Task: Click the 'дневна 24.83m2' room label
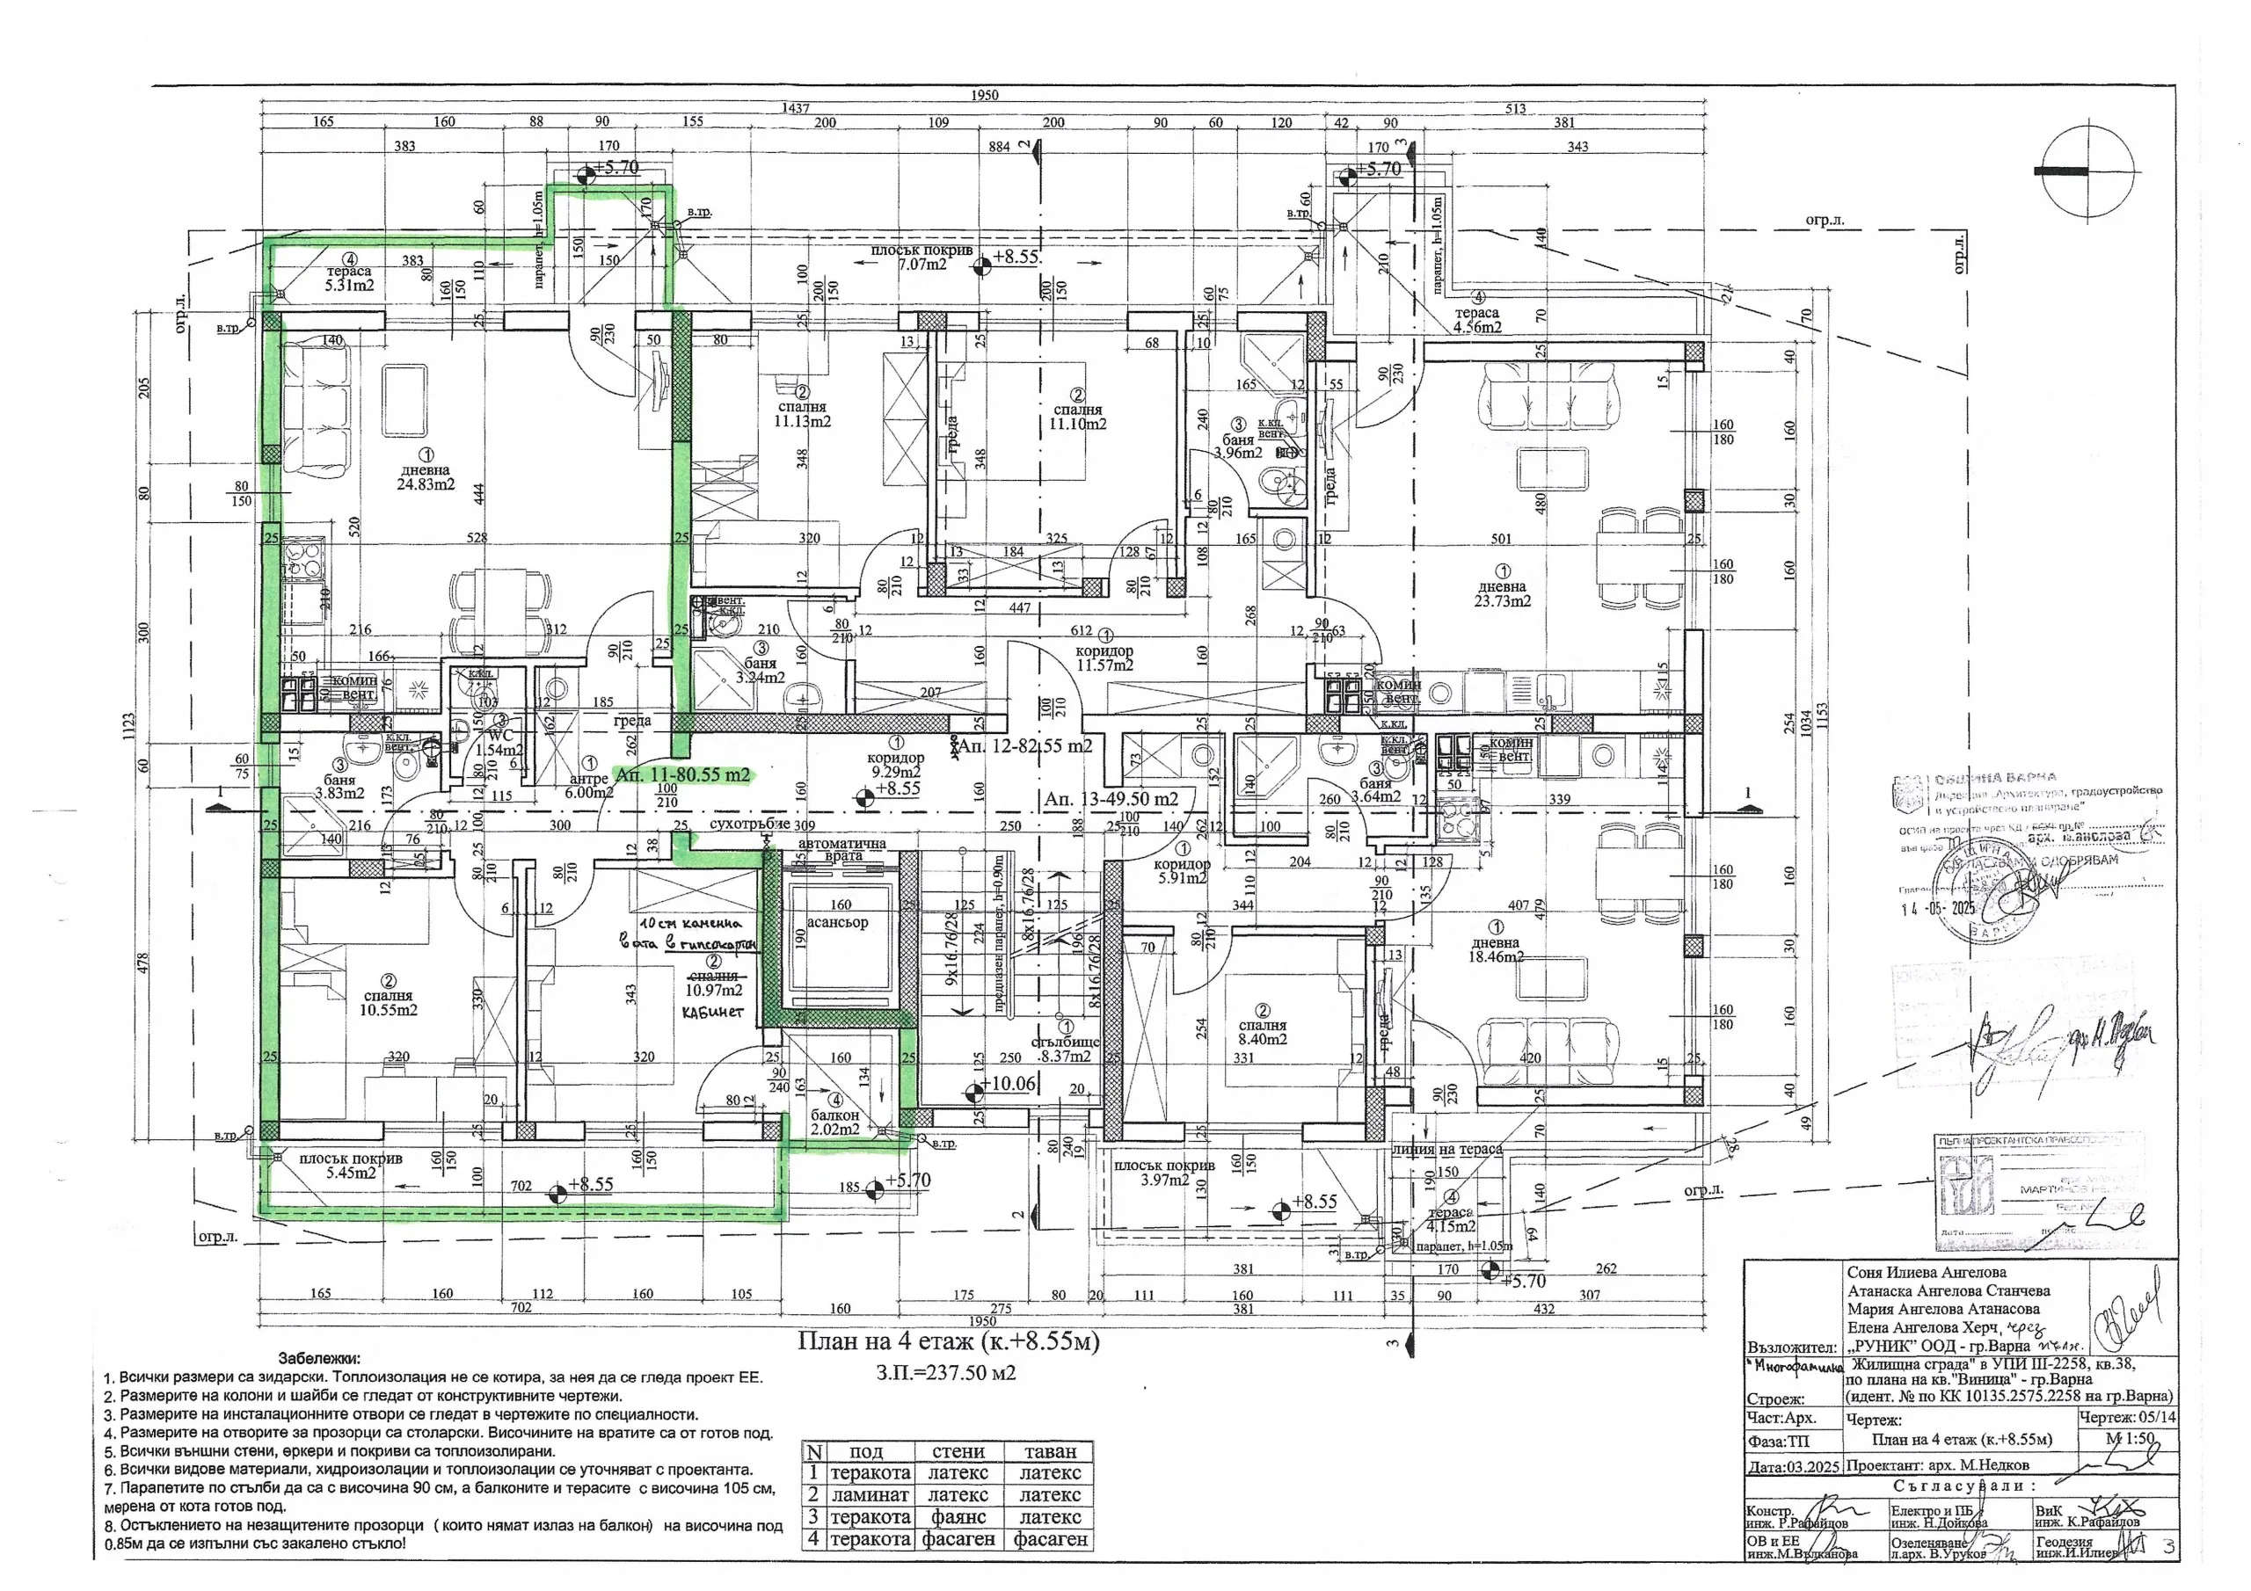point(426,476)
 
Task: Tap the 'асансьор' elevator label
point(837,921)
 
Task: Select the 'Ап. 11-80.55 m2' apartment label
point(681,774)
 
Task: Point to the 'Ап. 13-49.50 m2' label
point(1111,799)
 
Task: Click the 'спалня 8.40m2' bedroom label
point(1262,1031)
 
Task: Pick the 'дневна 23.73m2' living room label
point(1502,593)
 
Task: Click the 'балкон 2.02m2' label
point(835,1122)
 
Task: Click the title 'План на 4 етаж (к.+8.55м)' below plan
point(948,1340)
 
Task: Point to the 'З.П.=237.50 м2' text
point(945,1372)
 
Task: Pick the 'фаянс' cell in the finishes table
point(958,1516)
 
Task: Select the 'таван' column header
point(1050,1452)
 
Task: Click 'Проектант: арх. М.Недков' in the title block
point(1937,1464)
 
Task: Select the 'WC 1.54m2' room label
point(500,743)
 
